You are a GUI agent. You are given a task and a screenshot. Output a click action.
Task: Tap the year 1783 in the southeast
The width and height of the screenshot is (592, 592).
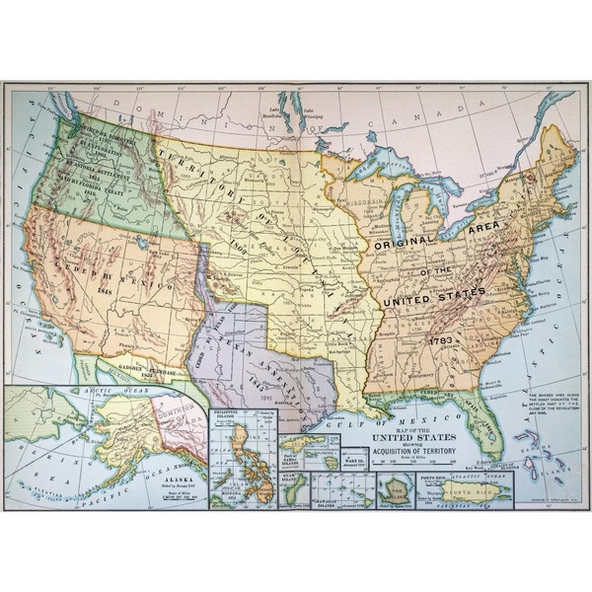click(x=441, y=340)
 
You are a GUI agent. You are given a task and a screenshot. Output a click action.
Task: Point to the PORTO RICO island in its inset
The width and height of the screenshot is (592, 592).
click(x=481, y=490)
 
